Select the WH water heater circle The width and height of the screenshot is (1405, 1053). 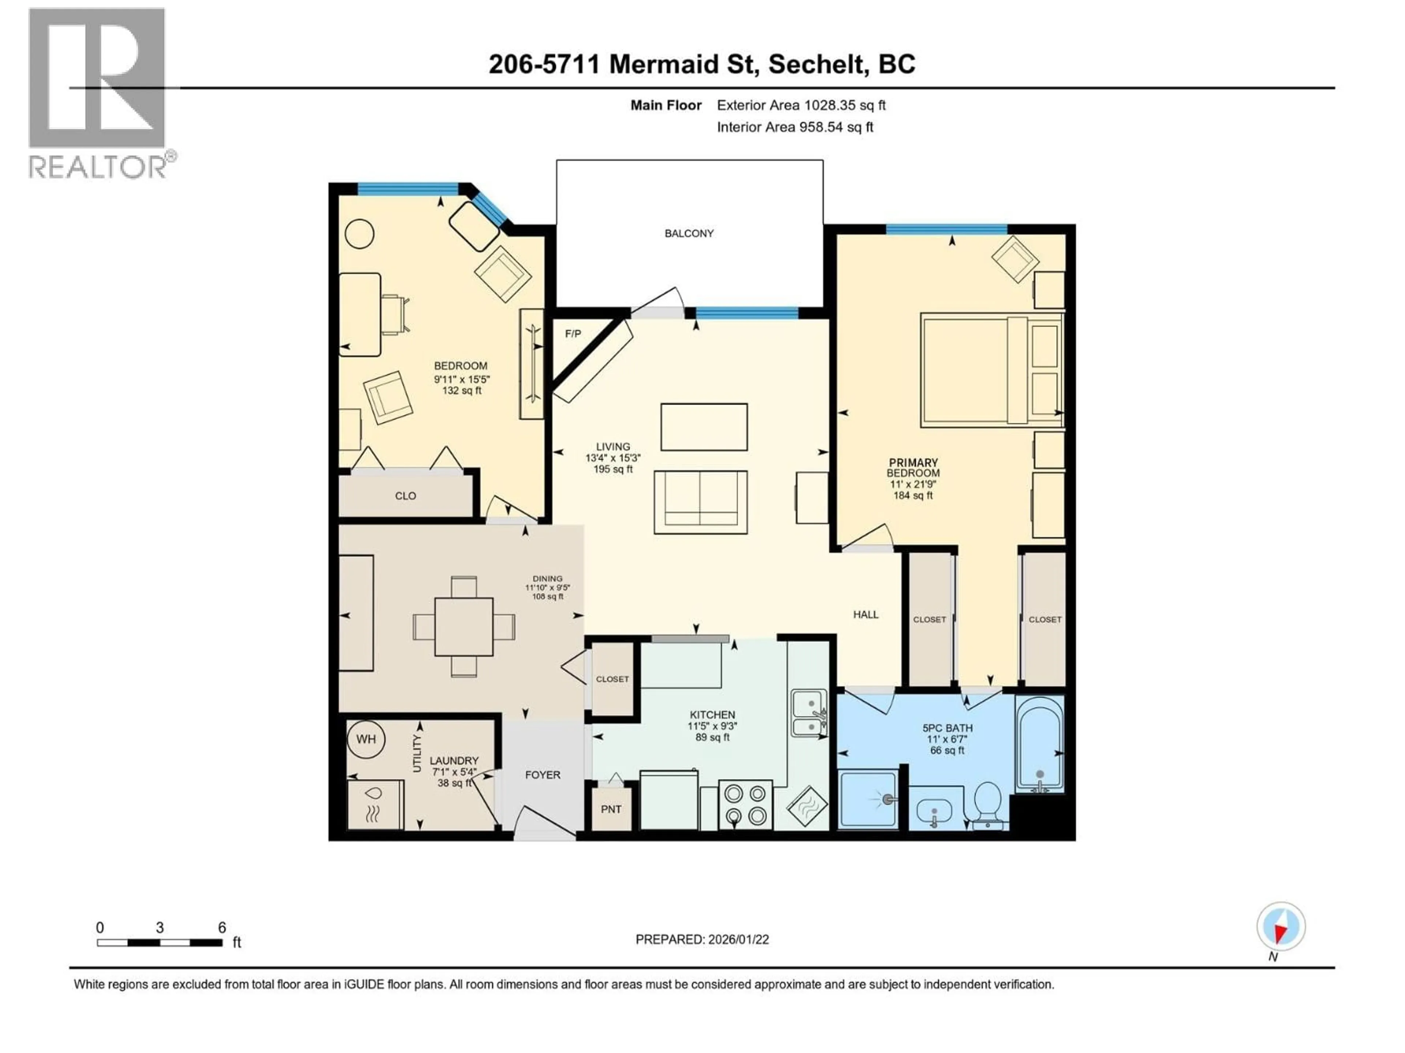click(x=366, y=739)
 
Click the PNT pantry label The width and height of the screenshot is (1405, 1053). click(x=611, y=809)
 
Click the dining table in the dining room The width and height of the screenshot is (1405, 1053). click(x=464, y=626)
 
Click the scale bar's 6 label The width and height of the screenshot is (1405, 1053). click(x=222, y=927)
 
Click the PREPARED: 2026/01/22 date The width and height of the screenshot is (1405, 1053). click(x=702, y=939)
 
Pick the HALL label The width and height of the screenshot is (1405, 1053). click(x=865, y=614)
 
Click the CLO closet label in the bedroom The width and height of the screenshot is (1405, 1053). click(x=405, y=496)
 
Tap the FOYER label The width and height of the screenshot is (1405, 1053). click(x=543, y=775)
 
